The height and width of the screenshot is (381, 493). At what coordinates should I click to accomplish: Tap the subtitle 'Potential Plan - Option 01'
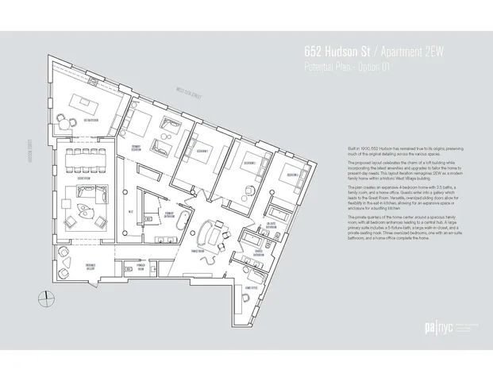click(347, 64)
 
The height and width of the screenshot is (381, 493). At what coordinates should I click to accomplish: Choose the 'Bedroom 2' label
click(245, 161)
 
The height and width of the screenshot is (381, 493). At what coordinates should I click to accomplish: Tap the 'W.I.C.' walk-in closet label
click(129, 211)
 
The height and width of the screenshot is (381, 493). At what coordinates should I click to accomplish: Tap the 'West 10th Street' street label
click(184, 98)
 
